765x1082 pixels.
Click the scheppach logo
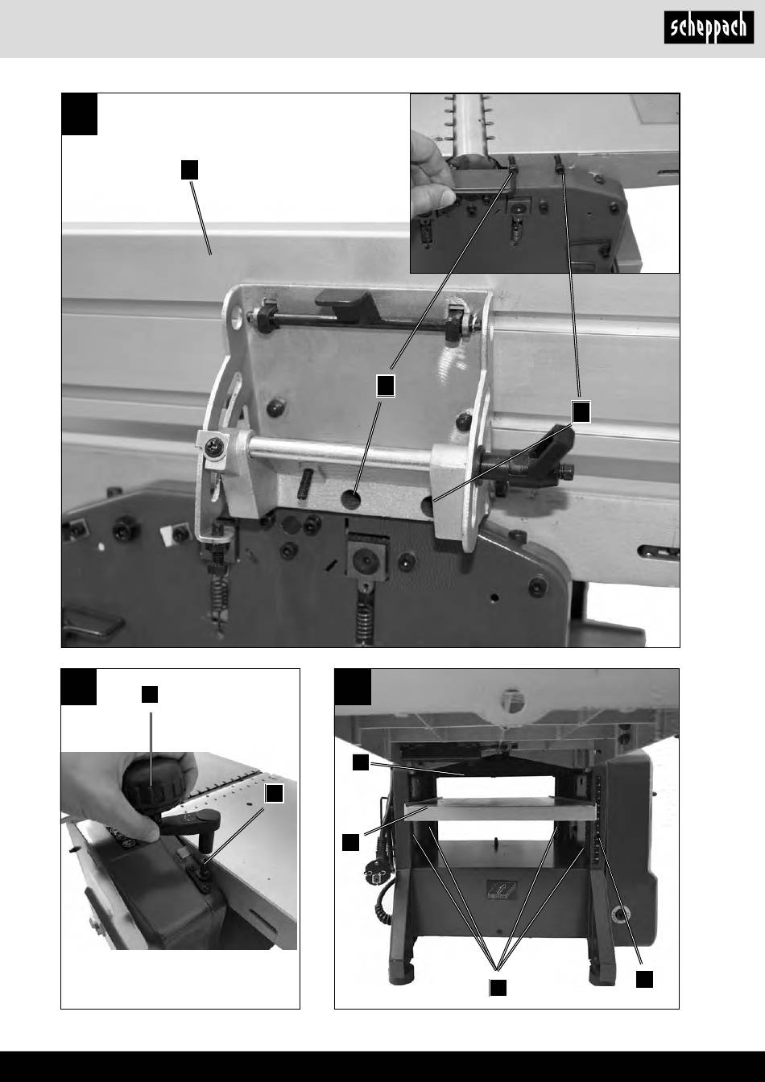709,27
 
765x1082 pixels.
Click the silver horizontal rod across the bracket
339,452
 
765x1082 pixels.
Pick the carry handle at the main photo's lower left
92,624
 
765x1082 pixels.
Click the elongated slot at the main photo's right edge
660,551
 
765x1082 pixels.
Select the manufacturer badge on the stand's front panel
502,890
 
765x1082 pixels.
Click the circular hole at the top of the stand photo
512,700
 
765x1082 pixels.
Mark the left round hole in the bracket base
351,499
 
